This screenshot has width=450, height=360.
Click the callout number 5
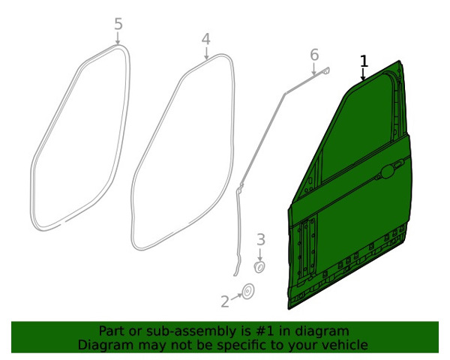click(x=118, y=24)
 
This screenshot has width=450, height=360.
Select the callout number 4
click(x=206, y=39)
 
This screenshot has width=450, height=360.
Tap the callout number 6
click(x=314, y=55)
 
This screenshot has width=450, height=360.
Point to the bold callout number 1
click(x=364, y=61)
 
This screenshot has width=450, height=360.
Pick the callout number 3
click(x=260, y=240)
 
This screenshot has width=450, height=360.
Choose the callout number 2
click(x=225, y=301)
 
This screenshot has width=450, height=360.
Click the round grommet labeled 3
click(x=259, y=267)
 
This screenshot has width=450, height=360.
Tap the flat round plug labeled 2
click(x=248, y=292)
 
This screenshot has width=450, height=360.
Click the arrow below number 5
click(x=118, y=38)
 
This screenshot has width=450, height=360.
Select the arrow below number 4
click(x=206, y=53)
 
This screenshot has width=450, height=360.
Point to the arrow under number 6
click(x=314, y=68)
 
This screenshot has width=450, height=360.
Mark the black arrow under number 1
click(x=363, y=75)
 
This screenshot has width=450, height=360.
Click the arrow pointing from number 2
click(x=236, y=297)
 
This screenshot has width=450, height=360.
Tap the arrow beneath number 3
click(x=259, y=254)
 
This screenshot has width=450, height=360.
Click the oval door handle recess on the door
click(x=388, y=172)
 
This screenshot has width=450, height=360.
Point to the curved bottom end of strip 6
click(x=236, y=271)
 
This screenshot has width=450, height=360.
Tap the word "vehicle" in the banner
click(x=349, y=345)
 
